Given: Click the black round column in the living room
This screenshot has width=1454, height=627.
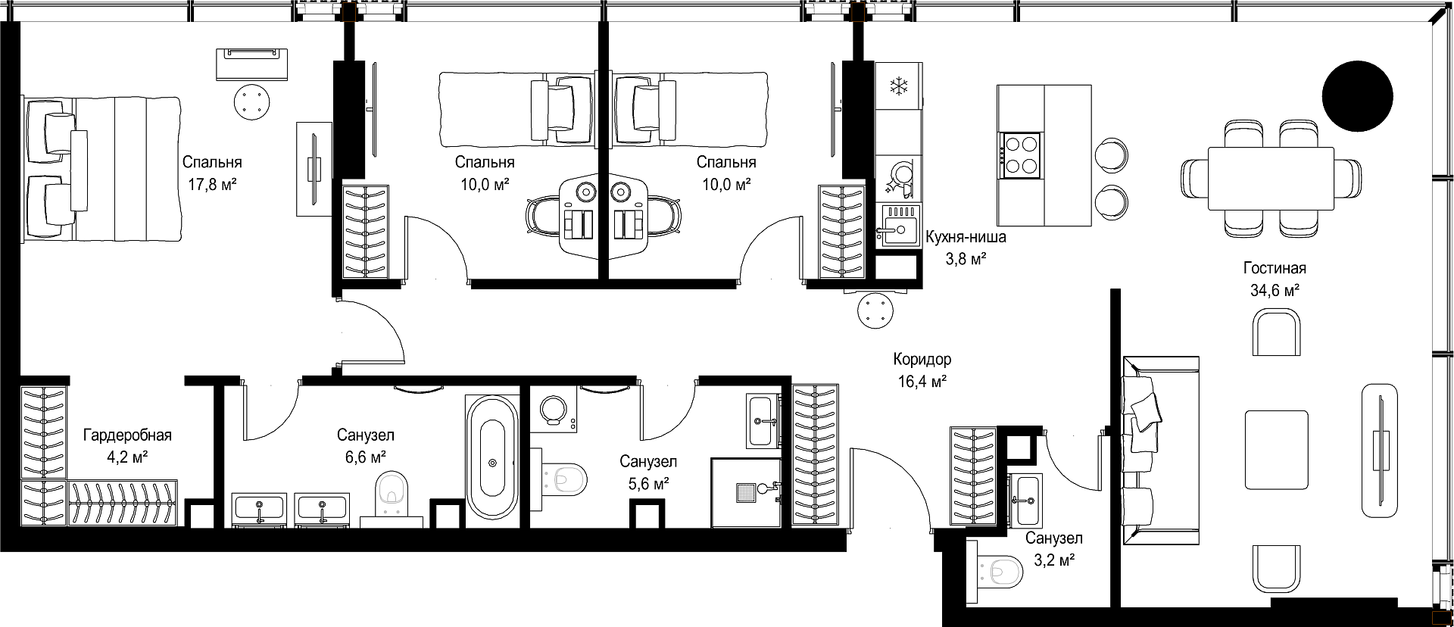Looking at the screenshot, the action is tap(1357, 95).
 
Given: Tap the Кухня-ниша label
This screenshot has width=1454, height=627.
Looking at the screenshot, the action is tap(966, 238).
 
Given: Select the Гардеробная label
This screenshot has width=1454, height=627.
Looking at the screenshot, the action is tap(127, 435).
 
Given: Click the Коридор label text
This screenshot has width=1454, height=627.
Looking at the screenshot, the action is tap(922, 360).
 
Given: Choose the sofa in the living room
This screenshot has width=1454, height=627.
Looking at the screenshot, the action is tap(1159, 450).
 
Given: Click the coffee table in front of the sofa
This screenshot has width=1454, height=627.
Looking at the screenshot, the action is tap(1277, 450).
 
